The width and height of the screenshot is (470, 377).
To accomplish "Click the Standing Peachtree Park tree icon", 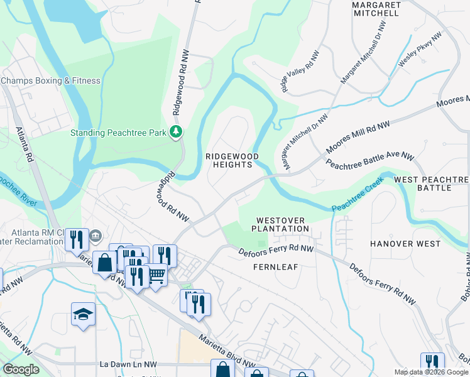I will coord(177,132).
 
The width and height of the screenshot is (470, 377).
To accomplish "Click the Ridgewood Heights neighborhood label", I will coord(229,160).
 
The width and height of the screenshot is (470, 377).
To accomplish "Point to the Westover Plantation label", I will coord(282,224).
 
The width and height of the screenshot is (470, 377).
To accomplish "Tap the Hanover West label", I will coord(405,243).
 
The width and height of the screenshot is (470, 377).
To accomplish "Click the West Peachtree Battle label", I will coord(431,183).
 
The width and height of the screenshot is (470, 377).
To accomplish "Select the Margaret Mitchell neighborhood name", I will coord(376,8).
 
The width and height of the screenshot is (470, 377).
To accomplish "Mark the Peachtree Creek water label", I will coord(357,200).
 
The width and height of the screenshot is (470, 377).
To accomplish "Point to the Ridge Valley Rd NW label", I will coord(299,74).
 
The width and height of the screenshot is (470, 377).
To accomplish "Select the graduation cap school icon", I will coord(83,314).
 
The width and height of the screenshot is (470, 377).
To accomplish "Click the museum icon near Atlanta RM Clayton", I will coord(96,236).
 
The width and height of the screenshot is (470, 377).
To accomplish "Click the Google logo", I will coord(21,369).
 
